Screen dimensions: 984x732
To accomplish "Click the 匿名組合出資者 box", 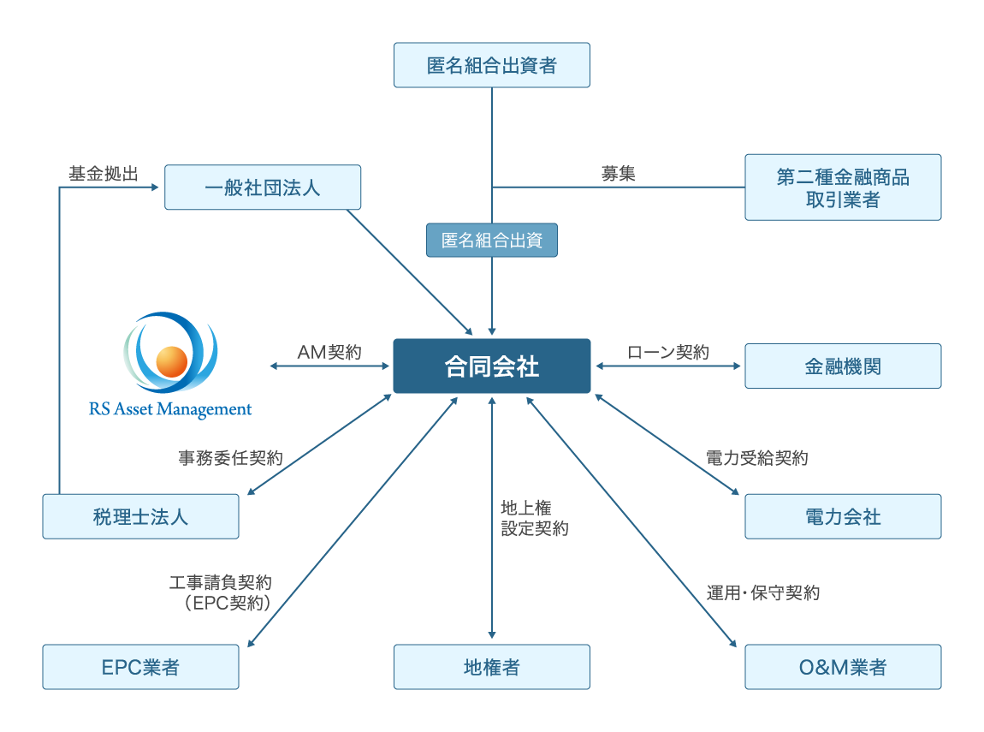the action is click(491, 65).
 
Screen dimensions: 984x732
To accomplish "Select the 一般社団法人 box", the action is click(263, 187).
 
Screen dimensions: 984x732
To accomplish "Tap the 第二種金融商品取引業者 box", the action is click(843, 187).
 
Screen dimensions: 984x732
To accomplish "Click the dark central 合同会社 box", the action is click(491, 366).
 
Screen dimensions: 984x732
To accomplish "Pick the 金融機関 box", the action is click(843, 366).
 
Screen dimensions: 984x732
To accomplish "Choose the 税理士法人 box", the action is click(140, 516).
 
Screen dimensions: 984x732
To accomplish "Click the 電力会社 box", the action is click(843, 516).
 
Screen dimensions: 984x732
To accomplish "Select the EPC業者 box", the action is click(140, 667).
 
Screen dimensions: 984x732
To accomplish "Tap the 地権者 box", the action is click(491, 667).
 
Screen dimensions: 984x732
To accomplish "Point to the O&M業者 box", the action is click(843, 667).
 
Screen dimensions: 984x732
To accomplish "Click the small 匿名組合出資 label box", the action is click(491, 240).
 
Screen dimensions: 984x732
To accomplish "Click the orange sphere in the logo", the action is click(171, 361).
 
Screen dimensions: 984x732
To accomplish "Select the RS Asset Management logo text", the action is click(170, 409).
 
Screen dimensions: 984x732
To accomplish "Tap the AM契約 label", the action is click(329, 352).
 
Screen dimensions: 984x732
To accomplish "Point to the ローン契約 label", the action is click(668, 352).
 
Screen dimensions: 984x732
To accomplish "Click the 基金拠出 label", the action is click(104, 174).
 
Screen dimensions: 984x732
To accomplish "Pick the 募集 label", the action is click(618, 174).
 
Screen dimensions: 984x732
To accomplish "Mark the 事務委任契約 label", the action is click(230, 458).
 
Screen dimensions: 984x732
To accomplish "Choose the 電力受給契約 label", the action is click(757, 458).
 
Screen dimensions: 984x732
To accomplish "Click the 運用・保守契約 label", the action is click(763, 592).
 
